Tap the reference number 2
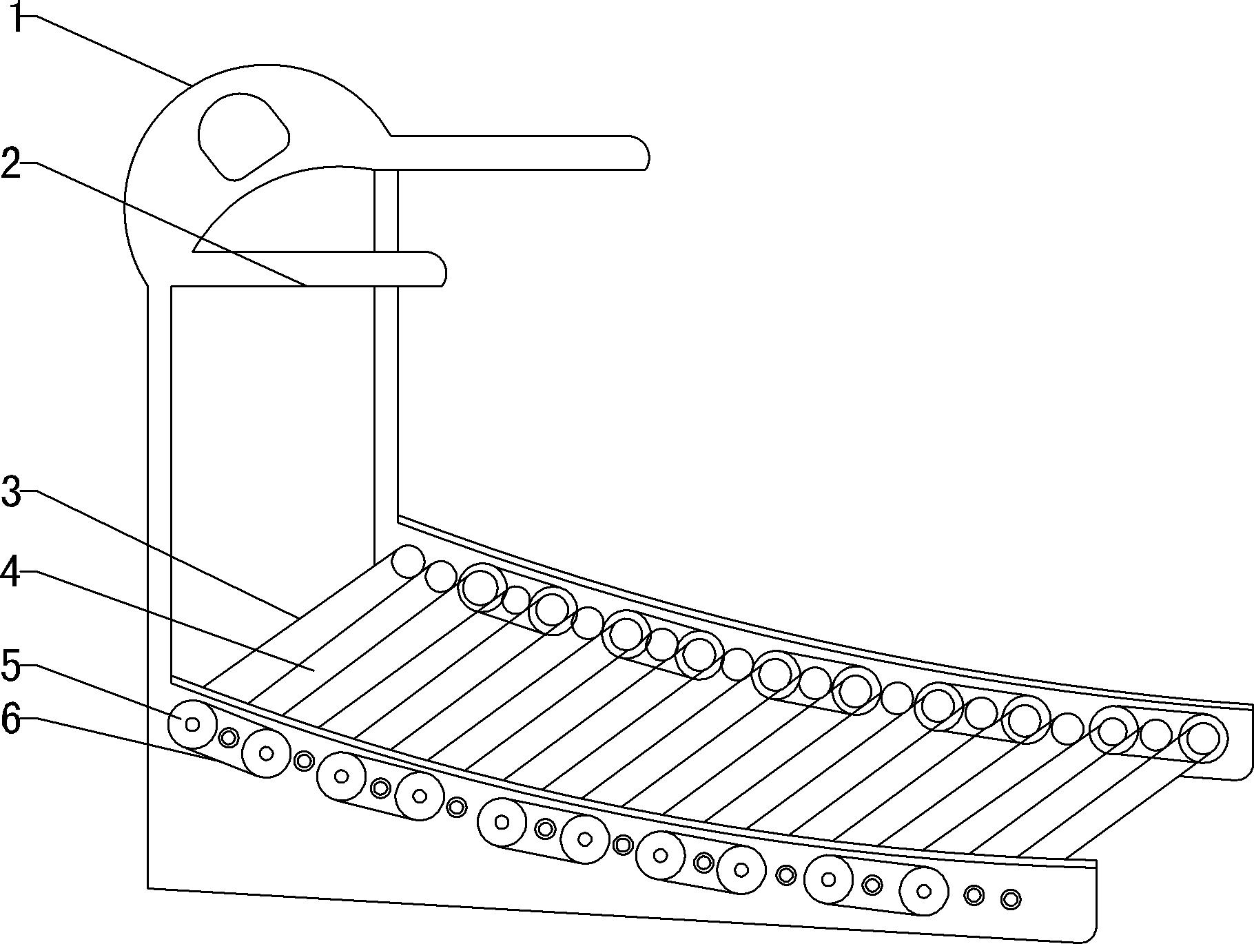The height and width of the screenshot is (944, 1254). pyautogui.click(x=12, y=163)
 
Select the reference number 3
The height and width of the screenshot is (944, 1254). pyautogui.click(x=12, y=492)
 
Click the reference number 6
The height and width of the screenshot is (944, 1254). pyautogui.click(x=12, y=719)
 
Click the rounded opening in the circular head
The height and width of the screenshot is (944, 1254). pyautogui.click(x=243, y=136)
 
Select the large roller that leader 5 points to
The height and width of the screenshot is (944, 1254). pyautogui.click(x=192, y=724)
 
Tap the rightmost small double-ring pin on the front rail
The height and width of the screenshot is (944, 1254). pyautogui.click(x=1011, y=899)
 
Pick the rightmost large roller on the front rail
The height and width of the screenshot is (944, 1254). pyautogui.click(x=924, y=892)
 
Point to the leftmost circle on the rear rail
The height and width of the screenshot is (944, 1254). pyautogui.click(x=408, y=561)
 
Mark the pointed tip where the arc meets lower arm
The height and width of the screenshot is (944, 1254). pyautogui.click(x=193, y=252)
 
